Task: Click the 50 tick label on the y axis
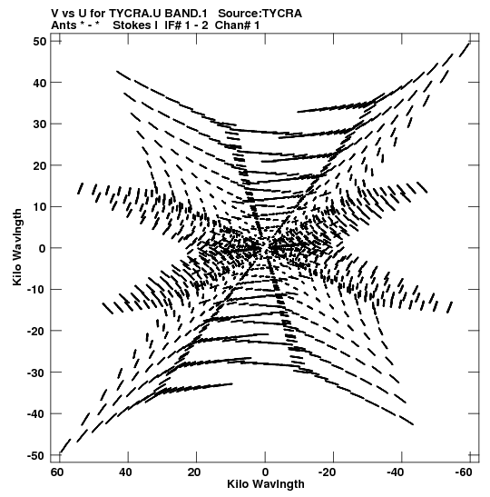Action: [39, 42]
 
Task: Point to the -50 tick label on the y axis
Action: [36, 456]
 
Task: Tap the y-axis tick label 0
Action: [43, 248]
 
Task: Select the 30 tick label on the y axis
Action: [39, 124]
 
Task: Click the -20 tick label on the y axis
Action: [36, 332]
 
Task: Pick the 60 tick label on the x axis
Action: [57, 472]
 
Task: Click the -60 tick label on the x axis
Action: [464, 472]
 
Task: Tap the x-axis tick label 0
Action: [265, 472]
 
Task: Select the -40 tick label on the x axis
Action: [396, 472]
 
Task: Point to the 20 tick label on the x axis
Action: [193, 472]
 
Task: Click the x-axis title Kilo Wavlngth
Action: [266, 484]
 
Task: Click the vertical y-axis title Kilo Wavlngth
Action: [17, 247]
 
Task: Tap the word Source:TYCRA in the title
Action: [260, 14]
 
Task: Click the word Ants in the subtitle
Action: [63, 25]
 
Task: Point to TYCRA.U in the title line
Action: [135, 14]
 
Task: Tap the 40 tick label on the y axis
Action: [39, 83]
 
